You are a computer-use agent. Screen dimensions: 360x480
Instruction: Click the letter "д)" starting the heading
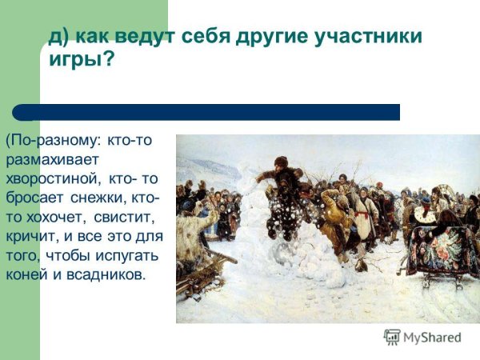(58, 38)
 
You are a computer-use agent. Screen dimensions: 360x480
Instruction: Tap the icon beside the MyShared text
(392, 337)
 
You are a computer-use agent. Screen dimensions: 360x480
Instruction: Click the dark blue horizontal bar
(208, 112)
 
